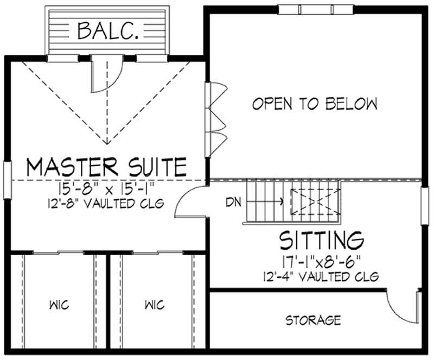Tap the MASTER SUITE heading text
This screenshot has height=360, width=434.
click(x=106, y=167)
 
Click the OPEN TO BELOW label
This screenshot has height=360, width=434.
click(x=315, y=103)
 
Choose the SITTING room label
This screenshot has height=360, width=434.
click(x=321, y=239)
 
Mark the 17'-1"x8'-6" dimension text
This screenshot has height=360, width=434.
click(x=321, y=262)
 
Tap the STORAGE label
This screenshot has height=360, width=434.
click(x=314, y=320)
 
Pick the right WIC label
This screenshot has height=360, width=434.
click(x=155, y=304)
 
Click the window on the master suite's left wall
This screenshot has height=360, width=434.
click(x=7, y=179)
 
